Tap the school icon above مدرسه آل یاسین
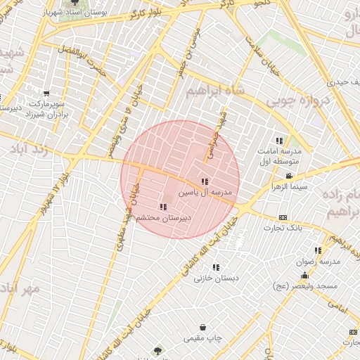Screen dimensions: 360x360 (x=204, y=182)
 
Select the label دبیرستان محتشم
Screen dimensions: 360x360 (x=162, y=218)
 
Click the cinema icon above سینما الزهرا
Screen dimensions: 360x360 (x=289, y=176)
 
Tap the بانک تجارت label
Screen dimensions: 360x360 (x=283, y=228)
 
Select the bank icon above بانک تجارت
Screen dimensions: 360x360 (x=283, y=217)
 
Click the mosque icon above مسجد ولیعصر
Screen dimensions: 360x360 (x=304, y=276)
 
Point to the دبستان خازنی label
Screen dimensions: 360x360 (x=217, y=278)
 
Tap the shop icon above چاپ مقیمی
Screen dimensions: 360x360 (x=203, y=328)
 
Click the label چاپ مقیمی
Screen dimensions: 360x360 (x=203, y=338)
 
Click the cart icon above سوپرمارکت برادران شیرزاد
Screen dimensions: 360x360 (x=46, y=94)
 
